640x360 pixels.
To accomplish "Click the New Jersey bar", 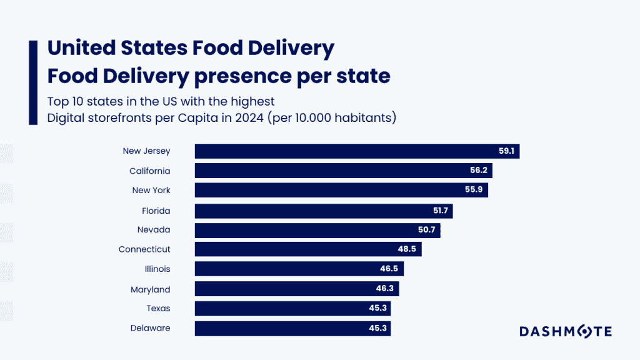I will (357, 151).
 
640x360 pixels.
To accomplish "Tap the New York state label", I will (151, 191).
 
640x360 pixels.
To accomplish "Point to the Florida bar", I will (324, 211).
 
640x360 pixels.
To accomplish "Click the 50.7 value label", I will (427, 230).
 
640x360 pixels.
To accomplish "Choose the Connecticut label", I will (144, 249).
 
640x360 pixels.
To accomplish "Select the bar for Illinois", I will (299, 269).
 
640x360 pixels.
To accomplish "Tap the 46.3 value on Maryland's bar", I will (385, 289).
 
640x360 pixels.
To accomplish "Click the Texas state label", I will (159, 309).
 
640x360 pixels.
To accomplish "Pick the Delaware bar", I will (292, 328).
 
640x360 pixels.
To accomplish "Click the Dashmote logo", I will (566, 331).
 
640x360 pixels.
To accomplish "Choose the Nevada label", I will (154, 230).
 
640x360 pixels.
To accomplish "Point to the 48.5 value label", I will (409, 249).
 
